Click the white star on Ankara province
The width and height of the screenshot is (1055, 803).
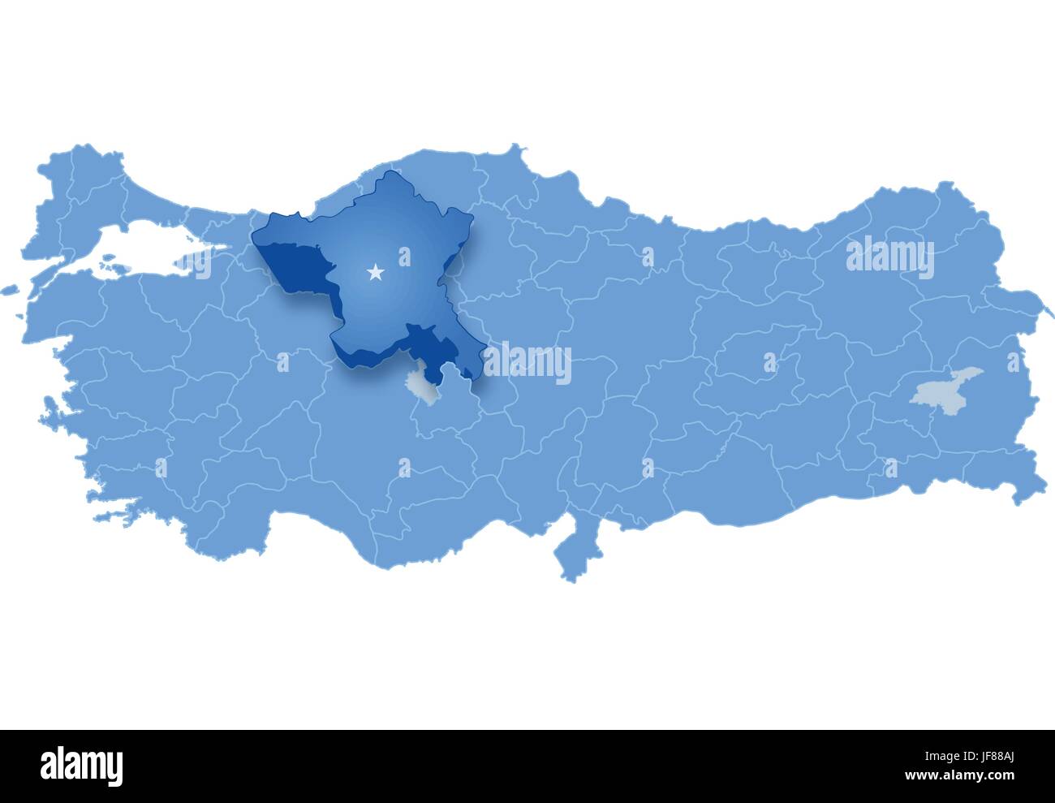(x=375, y=273)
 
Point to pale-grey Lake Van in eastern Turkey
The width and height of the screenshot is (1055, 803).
(x=945, y=387)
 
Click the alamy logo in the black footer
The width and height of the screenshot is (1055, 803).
(x=82, y=765)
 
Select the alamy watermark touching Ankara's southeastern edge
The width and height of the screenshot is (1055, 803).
(x=526, y=362)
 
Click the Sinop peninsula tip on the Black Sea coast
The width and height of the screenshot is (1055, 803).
(x=515, y=149)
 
